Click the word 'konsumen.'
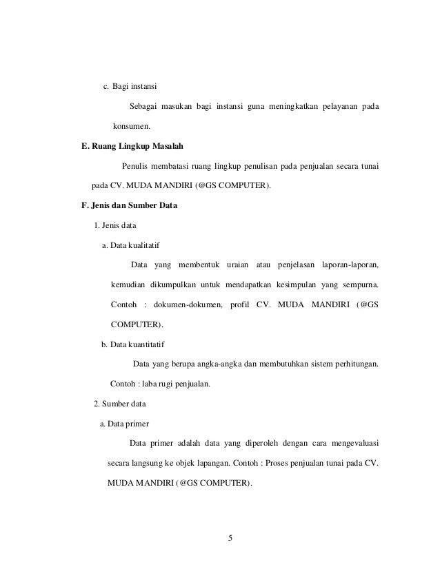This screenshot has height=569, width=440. (131, 127)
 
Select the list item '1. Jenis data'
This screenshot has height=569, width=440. (114, 225)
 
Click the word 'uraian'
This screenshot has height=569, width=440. (230, 265)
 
